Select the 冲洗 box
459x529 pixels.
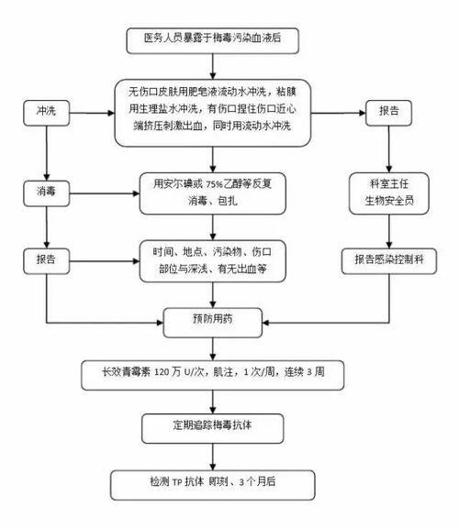(x=45, y=110)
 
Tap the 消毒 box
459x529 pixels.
(x=45, y=194)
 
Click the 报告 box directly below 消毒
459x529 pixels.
(x=45, y=259)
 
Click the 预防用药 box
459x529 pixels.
(x=212, y=321)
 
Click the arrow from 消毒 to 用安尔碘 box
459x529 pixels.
(x=106, y=194)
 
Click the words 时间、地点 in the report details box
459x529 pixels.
(x=181, y=249)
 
